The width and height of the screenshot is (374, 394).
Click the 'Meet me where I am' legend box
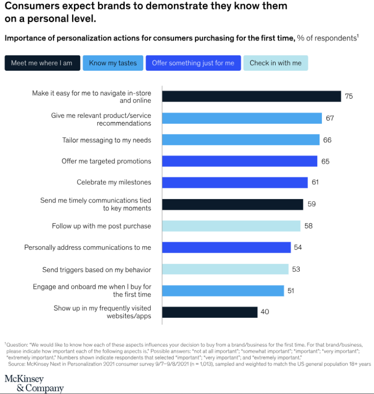[42, 63]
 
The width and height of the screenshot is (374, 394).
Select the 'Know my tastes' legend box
[113, 63]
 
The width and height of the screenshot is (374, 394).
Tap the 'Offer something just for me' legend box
[193, 63]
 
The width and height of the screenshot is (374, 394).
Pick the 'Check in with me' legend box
[276, 63]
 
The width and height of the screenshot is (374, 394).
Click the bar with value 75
[252, 96]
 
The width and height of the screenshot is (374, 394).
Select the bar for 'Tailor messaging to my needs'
[241, 139]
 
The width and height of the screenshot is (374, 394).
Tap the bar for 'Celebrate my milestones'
[235, 182]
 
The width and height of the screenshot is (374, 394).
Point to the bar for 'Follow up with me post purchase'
[231, 226]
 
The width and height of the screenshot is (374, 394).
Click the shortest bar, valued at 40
[210, 312]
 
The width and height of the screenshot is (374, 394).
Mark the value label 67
[330, 118]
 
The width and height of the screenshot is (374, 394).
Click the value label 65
[325, 161]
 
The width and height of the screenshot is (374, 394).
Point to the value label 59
[311, 204]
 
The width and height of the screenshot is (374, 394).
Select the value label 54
[298, 247]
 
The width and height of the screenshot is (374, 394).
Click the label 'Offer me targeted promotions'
[106, 161]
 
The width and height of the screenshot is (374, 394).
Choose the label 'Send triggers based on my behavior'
[97, 269]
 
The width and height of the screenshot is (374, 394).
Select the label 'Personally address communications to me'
[88, 248]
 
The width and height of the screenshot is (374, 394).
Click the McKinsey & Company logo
[34, 383]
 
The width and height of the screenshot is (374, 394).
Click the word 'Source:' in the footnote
[17, 364]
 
